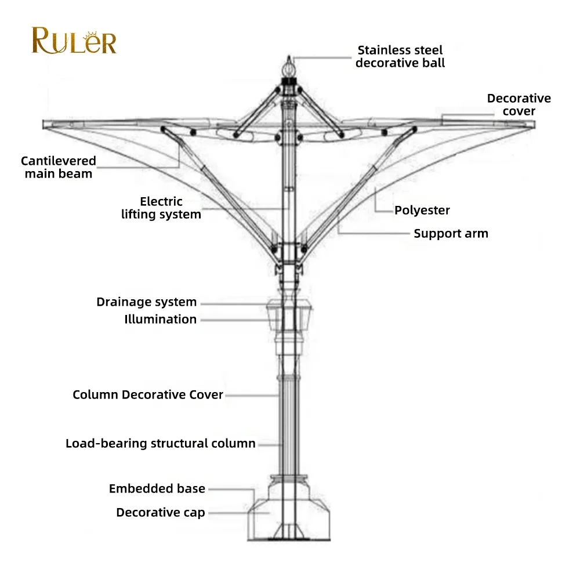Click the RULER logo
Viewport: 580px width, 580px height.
pyautogui.click(x=74, y=41)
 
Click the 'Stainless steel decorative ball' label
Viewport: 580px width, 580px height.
pyautogui.click(x=400, y=56)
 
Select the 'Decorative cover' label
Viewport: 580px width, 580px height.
pyautogui.click(x=519, y=104)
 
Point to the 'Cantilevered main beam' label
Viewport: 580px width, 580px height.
pyautogui.click(x=58, y=167)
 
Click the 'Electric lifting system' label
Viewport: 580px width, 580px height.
pyautogui.click(x=161, y=208)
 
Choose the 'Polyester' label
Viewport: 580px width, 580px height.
pyautogui.click(x=422, y=210)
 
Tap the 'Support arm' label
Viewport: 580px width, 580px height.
pyautogui.click(x=451, y=233)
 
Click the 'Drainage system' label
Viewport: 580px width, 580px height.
pyautogui.click(x=146, y=302)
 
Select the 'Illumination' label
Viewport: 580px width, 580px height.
pyautogui.click(x=160, y=319)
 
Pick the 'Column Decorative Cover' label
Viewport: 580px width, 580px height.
pyautogui.click(x=148, y=394)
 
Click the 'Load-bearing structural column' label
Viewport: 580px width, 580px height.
pyautogui.click(x=160, y=444)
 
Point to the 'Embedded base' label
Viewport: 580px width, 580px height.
pyautogui.click(x=157, y=489)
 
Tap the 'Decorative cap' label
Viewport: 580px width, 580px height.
pyautogui.click(x=161, y=512)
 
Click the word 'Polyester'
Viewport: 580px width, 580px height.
pyautogui.click(x=422, y=210)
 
